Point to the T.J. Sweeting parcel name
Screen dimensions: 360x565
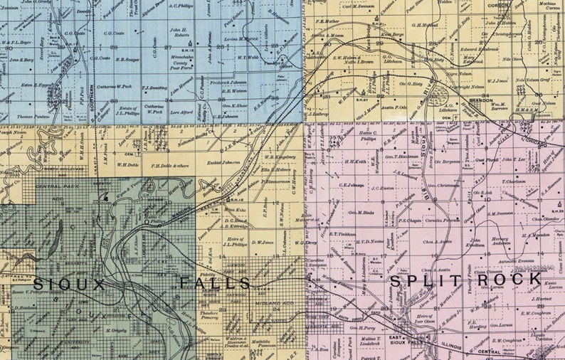pyautogui.click(x=155, y=88)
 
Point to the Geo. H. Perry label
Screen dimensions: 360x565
pyautogui.click(x=361, y=326)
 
